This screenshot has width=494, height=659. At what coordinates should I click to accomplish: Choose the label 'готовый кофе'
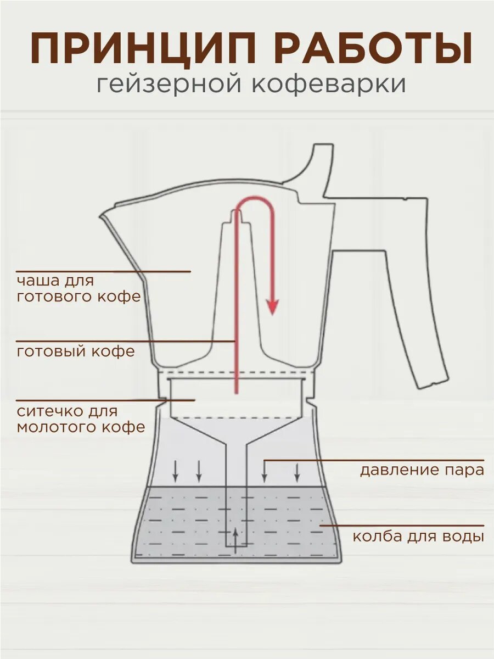(x=76, y=351)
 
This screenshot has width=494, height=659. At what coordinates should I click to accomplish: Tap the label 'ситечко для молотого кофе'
(x=81, y=419)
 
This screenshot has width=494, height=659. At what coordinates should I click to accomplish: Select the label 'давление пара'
(x=422, y=471)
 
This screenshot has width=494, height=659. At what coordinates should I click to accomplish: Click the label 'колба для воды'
(x=418, y=536)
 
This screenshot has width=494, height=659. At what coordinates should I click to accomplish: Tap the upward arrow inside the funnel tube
(x=236, y=541)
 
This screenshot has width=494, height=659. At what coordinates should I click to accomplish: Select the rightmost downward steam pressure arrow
(x=297, y=471)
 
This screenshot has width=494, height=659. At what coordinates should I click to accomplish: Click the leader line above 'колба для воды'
(x=401, y=525)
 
